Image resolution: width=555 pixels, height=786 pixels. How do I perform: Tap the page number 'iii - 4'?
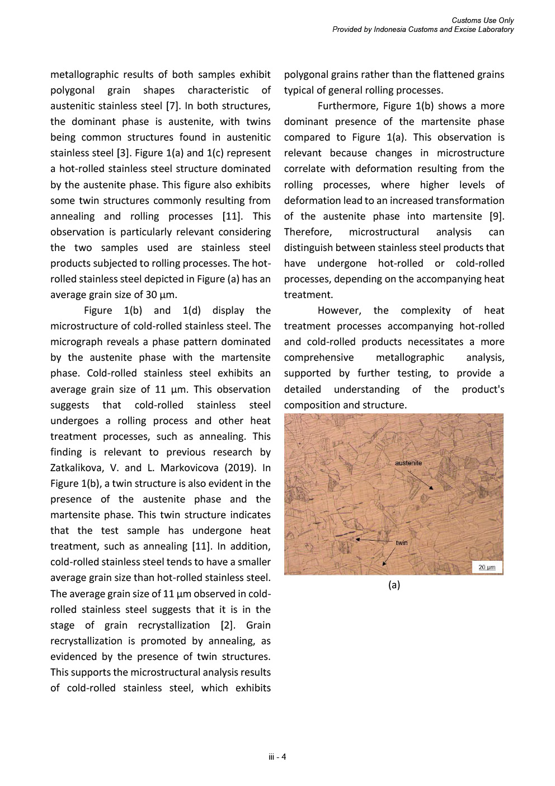(277, 757)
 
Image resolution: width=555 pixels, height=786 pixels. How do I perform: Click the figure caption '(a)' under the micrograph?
(394, 585)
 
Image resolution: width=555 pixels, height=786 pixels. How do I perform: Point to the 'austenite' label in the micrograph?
(408, 463)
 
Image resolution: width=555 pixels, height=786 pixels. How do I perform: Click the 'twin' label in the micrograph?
(401, 542)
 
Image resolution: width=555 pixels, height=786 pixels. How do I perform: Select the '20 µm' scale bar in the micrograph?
(487, 568)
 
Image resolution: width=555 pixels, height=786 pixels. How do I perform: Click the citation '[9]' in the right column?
(496, 216)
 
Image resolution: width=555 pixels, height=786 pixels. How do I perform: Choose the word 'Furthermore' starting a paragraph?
(347, 106)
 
